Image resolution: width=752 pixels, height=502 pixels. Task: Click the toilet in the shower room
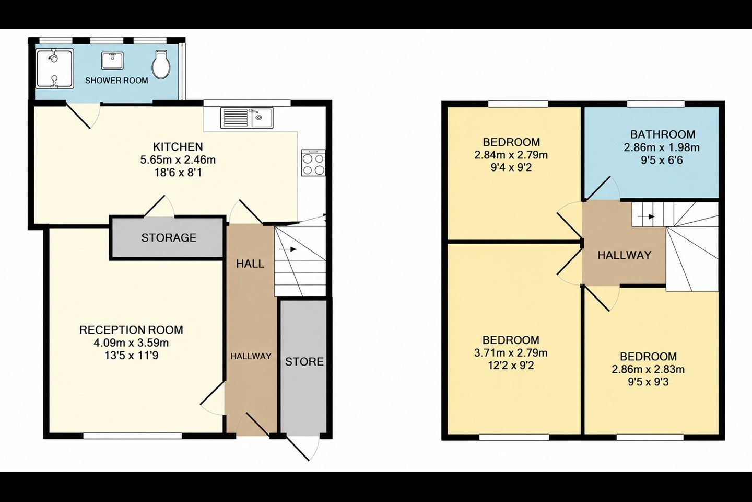tap(160, 64)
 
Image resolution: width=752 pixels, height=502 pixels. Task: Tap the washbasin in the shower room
tap(112, 61)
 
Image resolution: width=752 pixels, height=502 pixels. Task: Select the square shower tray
tap(54, 69)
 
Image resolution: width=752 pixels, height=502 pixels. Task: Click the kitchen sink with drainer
tap(246, 118)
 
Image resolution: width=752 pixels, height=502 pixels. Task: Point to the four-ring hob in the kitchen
tap(313, 163)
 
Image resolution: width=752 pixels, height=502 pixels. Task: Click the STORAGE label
tap(169, 238)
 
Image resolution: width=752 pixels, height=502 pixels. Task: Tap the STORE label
tap(304, 361)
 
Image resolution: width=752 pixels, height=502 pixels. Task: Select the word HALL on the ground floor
tap(250, 264)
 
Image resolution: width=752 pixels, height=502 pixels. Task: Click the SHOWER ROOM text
tap(116, 81)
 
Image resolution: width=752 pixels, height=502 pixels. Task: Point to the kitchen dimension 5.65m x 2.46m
tap(178, 159)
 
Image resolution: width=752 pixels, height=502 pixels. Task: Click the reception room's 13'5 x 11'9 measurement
tap(131, 356)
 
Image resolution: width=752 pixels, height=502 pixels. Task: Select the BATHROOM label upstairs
tap(663, 134)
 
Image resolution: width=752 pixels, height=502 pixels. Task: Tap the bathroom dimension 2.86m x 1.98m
tap(662, 147)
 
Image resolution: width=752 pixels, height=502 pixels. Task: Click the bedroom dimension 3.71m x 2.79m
tap(511, 353)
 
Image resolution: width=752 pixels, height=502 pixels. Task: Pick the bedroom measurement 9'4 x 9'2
tap(511, 167)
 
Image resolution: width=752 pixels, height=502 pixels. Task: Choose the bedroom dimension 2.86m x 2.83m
tap(648, 369)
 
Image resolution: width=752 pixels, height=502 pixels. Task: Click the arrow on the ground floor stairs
tap(288, 249)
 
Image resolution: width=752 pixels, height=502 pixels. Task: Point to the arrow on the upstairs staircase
tap(647, 216)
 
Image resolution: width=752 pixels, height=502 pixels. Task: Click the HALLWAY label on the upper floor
tap(625, 255)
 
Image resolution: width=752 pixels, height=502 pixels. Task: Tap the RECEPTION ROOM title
tap(131, 330)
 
